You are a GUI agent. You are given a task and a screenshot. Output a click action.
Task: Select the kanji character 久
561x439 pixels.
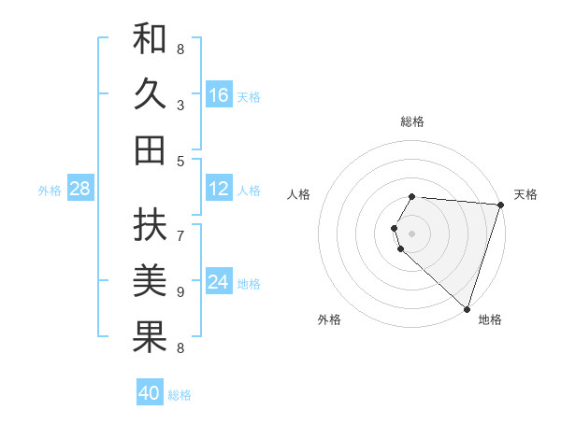(x=150, y=95)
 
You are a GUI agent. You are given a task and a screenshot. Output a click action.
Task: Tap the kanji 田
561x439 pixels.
(x=150, y=149)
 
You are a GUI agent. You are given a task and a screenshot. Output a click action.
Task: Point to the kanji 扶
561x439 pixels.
(x=150, y=224)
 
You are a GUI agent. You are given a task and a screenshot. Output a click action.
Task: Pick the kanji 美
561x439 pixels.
(x=150, y=280)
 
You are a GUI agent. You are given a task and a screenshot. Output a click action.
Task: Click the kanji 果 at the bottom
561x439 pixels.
(x=150, y=336)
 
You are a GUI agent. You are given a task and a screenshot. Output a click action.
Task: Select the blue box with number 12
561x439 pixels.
(x=219, y=189)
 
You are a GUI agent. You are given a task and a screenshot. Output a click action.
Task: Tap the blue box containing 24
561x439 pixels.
(x=219, y=282)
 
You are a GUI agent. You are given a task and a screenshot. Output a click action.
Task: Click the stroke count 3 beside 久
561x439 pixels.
(x=180, y=106)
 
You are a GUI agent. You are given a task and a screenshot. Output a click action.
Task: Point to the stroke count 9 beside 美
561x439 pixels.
(x=180, y=292)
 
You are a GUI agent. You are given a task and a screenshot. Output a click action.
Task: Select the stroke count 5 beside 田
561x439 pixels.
(x=180, y=161)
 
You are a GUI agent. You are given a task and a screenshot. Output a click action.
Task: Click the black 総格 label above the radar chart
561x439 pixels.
(x=412, y=122)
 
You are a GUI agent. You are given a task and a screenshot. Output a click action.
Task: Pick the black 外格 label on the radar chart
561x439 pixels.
(x=329, y=319)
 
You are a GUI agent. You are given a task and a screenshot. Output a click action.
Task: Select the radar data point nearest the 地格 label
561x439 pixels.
(x=467, y=309)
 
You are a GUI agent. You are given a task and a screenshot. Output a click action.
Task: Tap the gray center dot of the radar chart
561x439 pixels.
(x=412, y=233)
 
